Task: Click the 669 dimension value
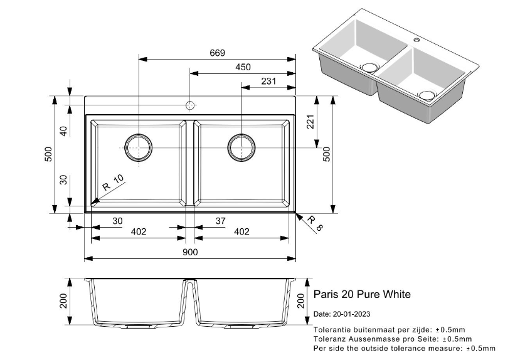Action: coord(217,53)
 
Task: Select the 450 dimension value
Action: coord(243,67)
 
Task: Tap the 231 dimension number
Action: coord(268,81)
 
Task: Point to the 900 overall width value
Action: coord(190,252)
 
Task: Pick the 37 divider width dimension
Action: coord(220,221)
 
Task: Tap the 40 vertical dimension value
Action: coord(63,131)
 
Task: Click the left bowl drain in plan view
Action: coord(138,147)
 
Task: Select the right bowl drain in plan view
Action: coord(241,147)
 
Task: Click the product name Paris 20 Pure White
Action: coord(361,294)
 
